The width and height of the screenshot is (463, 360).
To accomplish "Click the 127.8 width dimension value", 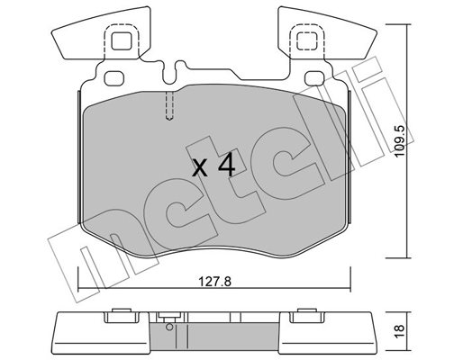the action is [215, 282].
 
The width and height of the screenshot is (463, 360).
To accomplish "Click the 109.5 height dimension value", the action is [400, 141].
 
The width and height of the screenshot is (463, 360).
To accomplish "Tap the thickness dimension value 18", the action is [400, 331].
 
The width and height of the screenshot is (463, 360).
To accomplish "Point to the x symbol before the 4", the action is [199, 168].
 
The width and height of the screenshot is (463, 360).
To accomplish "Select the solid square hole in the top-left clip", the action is [122, 40].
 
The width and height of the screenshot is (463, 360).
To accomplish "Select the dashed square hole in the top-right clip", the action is [307, 40].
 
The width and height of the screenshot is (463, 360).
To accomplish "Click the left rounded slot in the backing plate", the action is [114, 78].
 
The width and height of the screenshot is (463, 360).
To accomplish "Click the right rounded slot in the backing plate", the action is [314, 78].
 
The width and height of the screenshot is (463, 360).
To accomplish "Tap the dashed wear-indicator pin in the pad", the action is [169, 105].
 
